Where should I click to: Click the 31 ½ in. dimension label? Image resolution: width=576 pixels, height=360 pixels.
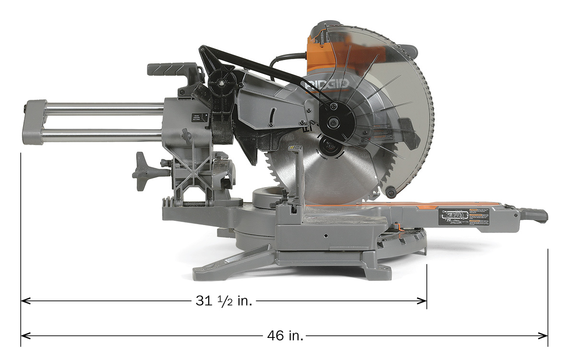[x=224, y=301]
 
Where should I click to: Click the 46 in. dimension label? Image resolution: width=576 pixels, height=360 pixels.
[x=285, y=336]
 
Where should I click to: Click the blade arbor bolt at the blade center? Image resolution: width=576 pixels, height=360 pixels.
[x=328, y=145]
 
